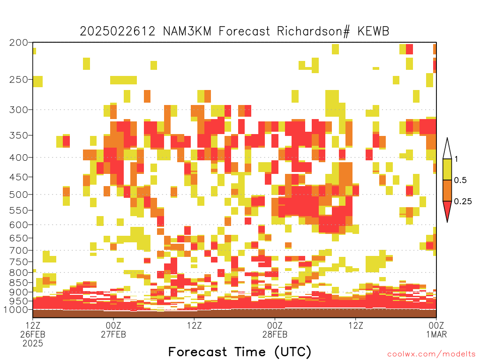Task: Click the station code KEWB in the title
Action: pos(373,31)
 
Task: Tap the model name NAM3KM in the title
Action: pos(187,31)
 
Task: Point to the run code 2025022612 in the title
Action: pos(118,31)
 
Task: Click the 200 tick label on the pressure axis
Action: pos(19,43)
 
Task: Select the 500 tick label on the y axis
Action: pos(19,195)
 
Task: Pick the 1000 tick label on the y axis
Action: pos(16,309)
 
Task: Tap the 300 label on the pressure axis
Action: pos(19,110)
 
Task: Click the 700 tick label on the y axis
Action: pos(19,250)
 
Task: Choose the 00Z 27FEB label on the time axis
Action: pos(113,330)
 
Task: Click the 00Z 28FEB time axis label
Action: pos(275,330)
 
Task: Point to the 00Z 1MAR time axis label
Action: pos(436,330)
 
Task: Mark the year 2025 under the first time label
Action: pos(33,343)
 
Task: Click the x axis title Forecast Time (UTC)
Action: pos(240,352)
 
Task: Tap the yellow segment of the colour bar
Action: pos(447,169)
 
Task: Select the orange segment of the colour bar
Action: pos(447,190)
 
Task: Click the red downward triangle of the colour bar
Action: pos(447,210)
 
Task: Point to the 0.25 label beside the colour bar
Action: pos(463,201)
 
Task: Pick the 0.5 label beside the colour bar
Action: pos(460,180)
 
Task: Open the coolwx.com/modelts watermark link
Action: pos(432,354)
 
